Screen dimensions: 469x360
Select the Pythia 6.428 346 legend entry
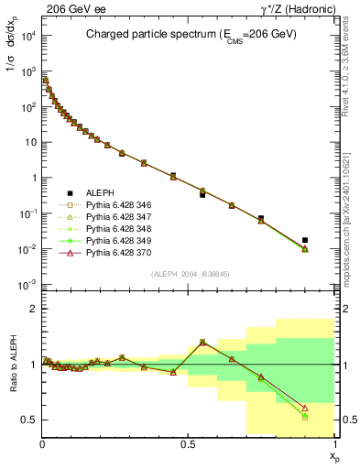pos(108,206)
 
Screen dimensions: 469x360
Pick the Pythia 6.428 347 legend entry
pos(108,218)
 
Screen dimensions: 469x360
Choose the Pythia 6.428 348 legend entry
pos(108,230)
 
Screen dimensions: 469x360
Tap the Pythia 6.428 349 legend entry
pos(108,242)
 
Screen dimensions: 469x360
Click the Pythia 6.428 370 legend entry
pos(108,254)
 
